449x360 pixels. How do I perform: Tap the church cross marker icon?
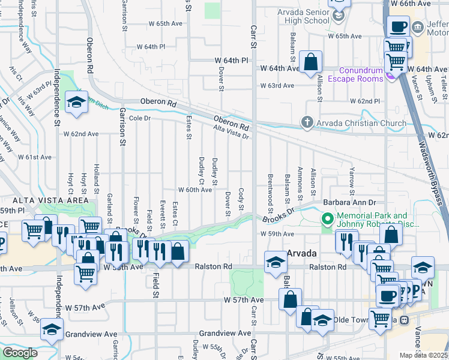[307, 123]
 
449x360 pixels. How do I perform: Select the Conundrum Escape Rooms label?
[352, 74]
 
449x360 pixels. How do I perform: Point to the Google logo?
[20, 353]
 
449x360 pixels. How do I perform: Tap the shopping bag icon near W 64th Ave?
[311, 62]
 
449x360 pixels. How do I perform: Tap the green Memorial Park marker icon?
[328, 219]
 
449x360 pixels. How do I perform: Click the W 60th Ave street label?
[194, 190]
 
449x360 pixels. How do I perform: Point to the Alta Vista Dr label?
[232, 132]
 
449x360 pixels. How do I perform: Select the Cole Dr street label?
[139, 118]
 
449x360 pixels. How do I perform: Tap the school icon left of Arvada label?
[276, 262]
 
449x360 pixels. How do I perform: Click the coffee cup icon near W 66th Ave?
[399, 26]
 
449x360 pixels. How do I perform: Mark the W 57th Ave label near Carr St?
[244, 299]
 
